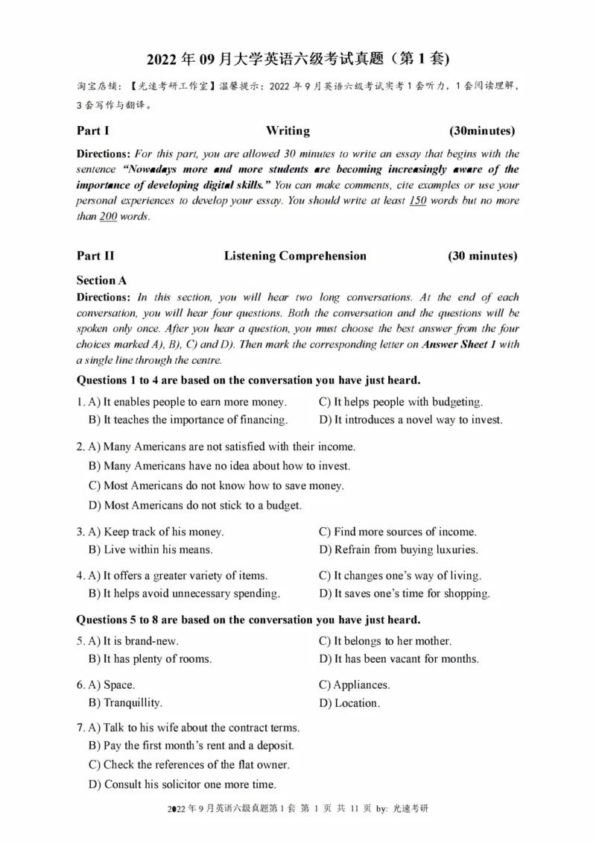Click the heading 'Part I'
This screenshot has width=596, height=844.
(93, 131)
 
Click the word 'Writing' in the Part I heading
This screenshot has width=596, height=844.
(288, 131)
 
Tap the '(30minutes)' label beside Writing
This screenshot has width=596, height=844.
(483, 131)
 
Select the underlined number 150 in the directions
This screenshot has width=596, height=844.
(418, 201)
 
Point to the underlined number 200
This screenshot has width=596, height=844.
(109, 217)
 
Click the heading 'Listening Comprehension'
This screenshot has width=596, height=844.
(295, 256)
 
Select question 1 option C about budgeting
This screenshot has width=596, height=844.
(401, 402)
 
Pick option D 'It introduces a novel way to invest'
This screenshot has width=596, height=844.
(410, 420)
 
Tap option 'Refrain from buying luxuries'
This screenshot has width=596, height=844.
(399, 550)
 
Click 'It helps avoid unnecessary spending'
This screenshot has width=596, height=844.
(184, 594)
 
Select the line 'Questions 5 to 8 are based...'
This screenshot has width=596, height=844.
(249, 620)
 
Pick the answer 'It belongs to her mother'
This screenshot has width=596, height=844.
(385, 641)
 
